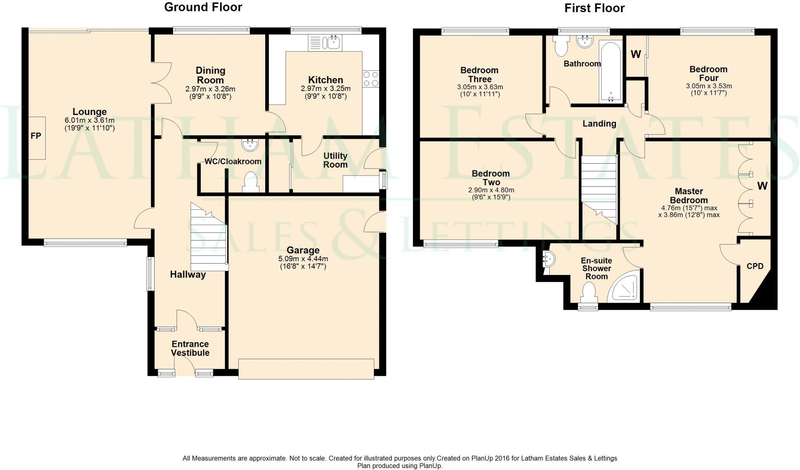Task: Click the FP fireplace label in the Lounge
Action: (x=36, y=136)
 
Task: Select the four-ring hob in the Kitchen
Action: (x=370, y=79)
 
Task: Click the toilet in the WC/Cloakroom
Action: (x=250, y=182)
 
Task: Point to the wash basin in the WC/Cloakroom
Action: (x=250, y=145)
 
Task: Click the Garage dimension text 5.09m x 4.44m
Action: (x=303, y=259)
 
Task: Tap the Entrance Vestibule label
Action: (x=190, y=348)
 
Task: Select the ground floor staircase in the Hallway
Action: (x=209, y=238)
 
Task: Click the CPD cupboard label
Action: (x=755, y=266)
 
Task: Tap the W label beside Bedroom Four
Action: (x=636, y=54)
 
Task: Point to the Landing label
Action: (x=599, y=124)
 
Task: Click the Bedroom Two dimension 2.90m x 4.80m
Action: (x=491, y=190)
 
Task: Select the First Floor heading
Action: (x=594, y=8)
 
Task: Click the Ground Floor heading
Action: (x=203, y=7)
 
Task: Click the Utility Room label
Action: (x=335, y=160)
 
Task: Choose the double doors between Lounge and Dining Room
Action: (x=161, y=83)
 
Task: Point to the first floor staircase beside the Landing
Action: (x=599, y=188)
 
